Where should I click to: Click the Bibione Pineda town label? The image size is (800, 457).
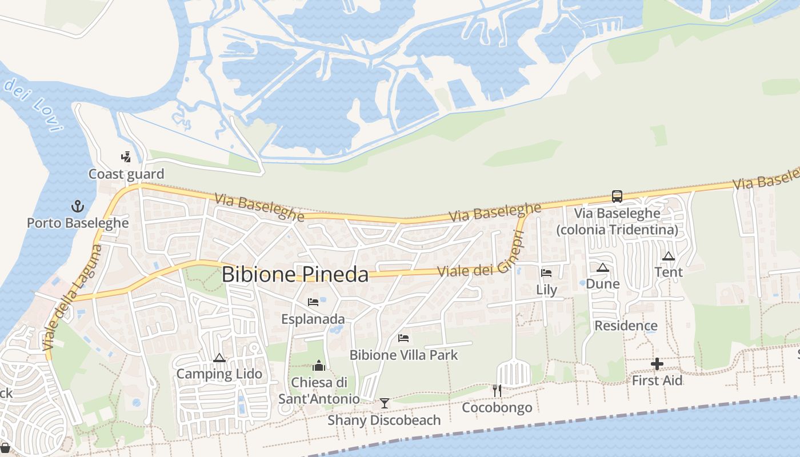click(x=295, y=275)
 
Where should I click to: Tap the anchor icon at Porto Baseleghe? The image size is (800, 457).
click(x=77, y=206)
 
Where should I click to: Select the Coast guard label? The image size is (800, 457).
click(x=126, y=174)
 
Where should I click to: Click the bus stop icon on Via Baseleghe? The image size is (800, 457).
click(x=617, y=197)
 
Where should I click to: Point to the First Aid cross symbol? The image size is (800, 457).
click(x=657, y=364)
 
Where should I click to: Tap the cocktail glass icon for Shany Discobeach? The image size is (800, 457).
click(x=385, y=403)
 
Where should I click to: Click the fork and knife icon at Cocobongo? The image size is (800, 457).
click(x=497, y=391)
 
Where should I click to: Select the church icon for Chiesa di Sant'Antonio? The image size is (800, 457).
click(x=319, y=365)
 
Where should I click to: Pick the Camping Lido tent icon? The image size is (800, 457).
click(x=219, y=358)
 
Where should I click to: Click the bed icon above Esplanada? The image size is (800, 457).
click(x=313, y=302)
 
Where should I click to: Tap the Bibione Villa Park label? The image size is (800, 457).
click(x=403, y=355)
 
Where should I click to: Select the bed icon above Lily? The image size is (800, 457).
click(x=546, y=272)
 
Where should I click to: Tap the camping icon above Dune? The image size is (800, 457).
click(x=603, y=267)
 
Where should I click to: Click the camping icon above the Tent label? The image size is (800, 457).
click(x=669, y=256)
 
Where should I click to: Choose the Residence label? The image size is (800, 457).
click(x=626, y=326)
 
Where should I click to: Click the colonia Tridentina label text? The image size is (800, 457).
click(x=617, y=230)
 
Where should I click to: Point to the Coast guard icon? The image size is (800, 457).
click(x=126, y=157)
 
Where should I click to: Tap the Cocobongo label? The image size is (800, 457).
click(x=497, y=407)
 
